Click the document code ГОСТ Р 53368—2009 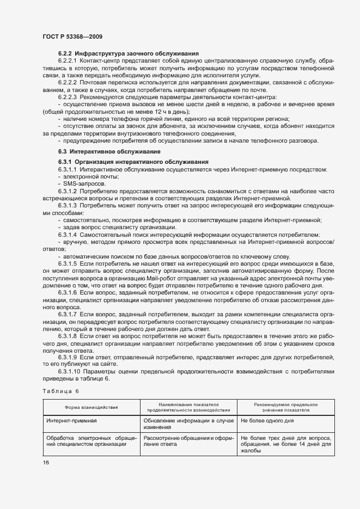pyautogui.click(x=72, y=36)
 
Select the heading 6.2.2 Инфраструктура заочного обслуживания pyautogui.click(x=128, y=53)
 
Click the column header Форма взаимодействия pyautogui.click(x=91, y=407)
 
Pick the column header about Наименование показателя pyautogui.click(x=188, y=407)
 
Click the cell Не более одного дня pyautogui.click(x=267, y=421)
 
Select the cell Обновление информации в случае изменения pyautogui.click(x=188, y=424)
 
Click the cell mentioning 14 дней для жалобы pyautogui.click(x=285, y=444)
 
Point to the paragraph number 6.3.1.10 pyautogui.click(x=70, y=372)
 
